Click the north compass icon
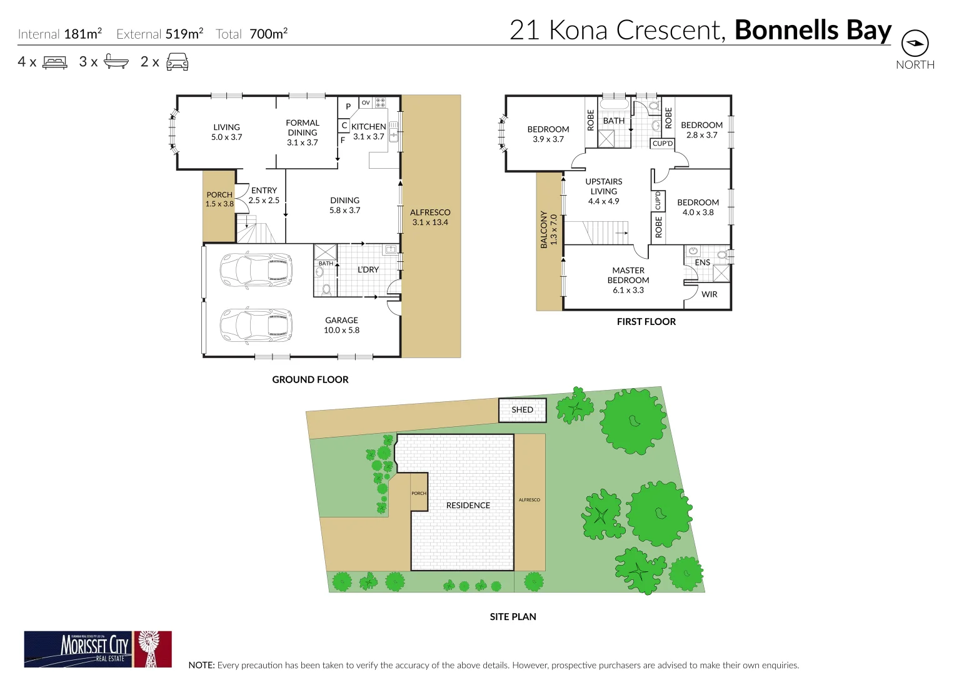(915, 44)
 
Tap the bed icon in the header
(54, 62)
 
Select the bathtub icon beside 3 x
(116, 62)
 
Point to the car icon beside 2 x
(178, 62)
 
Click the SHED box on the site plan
(523, 410)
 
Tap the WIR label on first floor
(710, 294)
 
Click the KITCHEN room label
(369, 127)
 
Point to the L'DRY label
(368, 270)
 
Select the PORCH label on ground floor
(219, 195)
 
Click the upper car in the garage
(256, 270)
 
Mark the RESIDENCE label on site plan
(468, 506)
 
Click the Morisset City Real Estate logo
(98, 649)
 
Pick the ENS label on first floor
(703, 262)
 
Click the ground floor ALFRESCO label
(430, 212)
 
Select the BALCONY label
(544, 229)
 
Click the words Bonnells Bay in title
(813, 30)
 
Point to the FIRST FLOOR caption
(646, 322)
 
